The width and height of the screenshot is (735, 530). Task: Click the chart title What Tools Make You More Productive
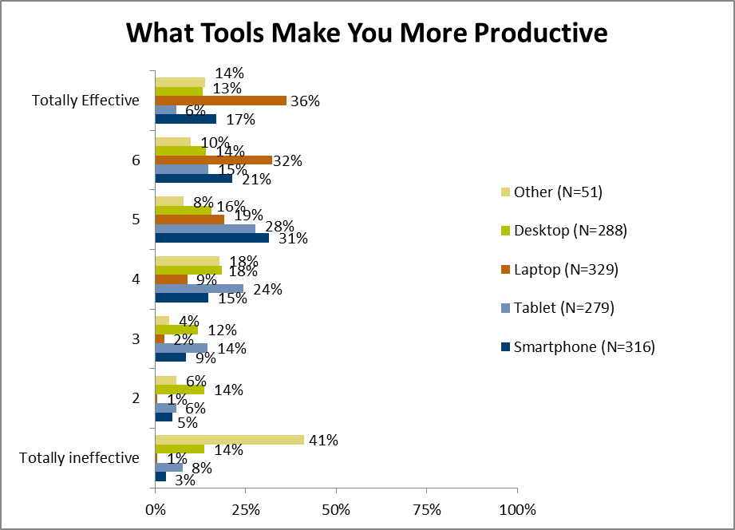click(x=367, y=33)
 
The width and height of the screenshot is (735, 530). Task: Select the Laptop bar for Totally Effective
click(x=220, y=101)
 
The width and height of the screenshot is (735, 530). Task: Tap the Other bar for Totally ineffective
click(x=229, y=440)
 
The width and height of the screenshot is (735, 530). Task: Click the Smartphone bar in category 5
click(x=211, y=238)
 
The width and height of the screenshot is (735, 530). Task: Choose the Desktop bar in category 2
click(x=180, y=390)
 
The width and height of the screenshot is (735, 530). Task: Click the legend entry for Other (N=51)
click(x=557, y=192)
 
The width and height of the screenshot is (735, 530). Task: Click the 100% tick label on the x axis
click(x=516, y=509)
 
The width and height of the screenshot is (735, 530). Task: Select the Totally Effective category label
click(x=85, y=101)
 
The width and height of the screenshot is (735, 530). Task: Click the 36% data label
click(x=305, y=101)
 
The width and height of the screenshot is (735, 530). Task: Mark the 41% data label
click(x=322, y=440)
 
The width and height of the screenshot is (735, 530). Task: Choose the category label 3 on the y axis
click(x=136, y=338)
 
